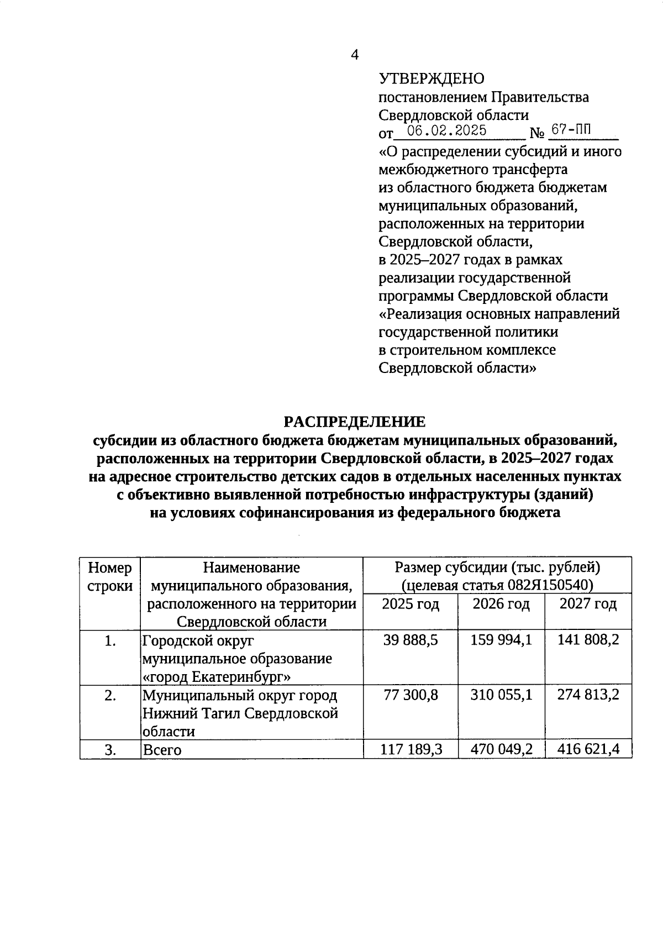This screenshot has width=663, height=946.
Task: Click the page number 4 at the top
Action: coord(355,55)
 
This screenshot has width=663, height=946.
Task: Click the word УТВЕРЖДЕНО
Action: coord(431,79)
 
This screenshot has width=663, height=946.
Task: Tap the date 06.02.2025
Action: coord(446,130)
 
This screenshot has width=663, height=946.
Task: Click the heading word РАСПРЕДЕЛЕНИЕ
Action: coord(355,422)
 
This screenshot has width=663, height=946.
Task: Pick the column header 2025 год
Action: coord(411,604)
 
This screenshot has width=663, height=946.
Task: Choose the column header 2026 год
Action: coord(501,604)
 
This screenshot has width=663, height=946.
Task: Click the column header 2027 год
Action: coord(588,604)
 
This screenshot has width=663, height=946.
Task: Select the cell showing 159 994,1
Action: coord(501,640)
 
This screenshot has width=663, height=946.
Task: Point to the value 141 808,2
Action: coord(588,640)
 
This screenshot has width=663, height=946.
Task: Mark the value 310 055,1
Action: coord(501,695)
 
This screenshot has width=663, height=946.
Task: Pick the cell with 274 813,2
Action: coord(588,695)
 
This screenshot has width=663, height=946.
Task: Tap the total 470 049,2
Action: coord(501,749)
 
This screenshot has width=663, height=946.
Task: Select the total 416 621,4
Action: coord(588,749)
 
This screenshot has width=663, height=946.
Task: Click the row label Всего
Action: coord(162,750)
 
